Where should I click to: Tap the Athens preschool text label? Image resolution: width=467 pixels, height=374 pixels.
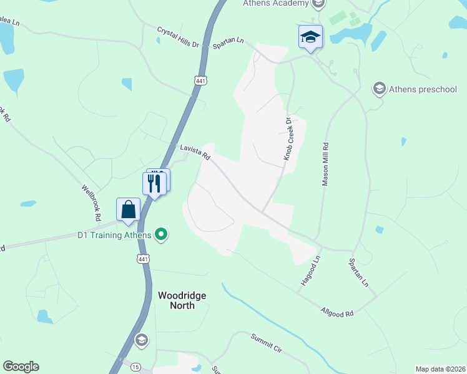423,89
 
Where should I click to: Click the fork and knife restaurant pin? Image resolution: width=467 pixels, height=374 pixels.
154,183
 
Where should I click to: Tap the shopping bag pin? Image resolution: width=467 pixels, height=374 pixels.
128,210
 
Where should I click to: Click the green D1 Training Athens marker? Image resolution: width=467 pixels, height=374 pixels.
162,234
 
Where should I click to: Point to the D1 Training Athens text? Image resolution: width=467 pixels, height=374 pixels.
114,235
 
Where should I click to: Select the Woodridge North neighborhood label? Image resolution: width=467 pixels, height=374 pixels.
182,300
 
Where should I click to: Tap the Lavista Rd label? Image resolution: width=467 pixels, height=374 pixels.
194,153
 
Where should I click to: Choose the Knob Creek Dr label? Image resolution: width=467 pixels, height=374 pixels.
288,139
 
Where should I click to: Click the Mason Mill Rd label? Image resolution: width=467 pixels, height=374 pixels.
325,163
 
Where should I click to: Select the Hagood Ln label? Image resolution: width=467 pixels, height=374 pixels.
310,270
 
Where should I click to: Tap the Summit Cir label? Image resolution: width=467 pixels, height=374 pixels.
267,343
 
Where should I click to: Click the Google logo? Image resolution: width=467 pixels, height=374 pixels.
21,367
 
